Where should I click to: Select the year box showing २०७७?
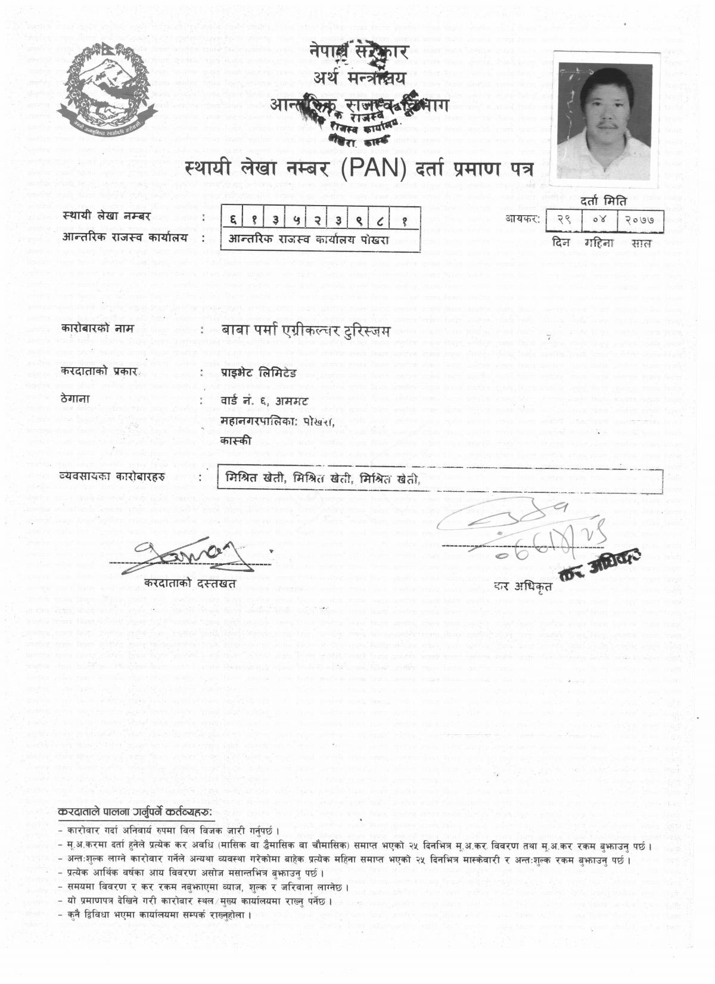point(639,219)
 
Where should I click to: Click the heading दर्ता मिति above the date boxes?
point(607,201)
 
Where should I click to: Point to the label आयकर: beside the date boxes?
point(523,219)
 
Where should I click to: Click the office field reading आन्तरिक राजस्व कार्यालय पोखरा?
point(309,240)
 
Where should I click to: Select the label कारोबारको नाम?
point(93,329)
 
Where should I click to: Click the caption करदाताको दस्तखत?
point(190,582)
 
